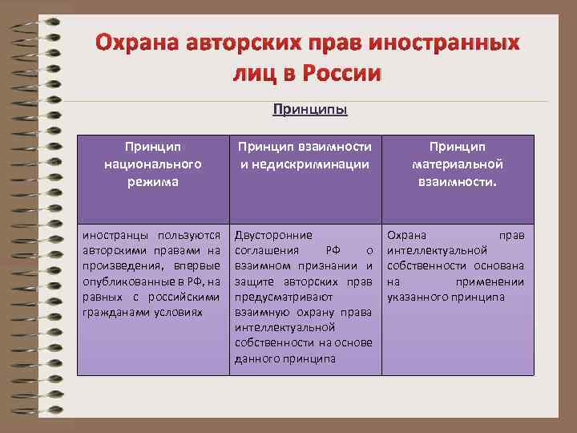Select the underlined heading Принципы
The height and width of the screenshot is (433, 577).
pos(310,109)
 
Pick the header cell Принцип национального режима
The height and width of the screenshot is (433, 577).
pos(152,164)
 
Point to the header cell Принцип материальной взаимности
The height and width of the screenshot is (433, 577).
pos(457,164)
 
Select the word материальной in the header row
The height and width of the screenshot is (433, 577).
pos(457,164)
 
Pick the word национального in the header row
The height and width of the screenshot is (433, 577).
pos(152,164)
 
